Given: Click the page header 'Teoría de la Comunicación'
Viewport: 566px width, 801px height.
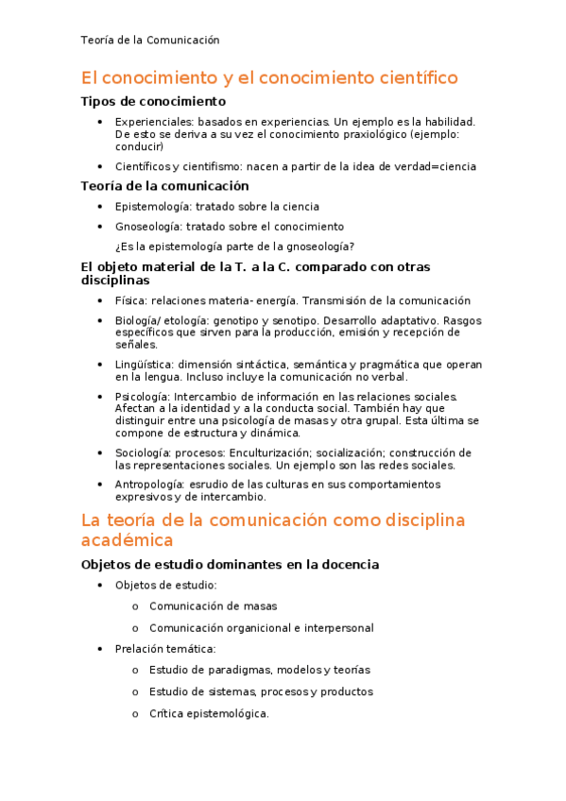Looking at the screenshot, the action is tap(150, 40).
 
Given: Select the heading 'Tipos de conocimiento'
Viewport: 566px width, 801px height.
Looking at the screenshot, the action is tap(153, 101).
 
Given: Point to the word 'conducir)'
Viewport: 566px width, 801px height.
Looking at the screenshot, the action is tap(139, 146).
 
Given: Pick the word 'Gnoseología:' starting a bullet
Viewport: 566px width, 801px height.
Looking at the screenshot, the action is tap(148, 227).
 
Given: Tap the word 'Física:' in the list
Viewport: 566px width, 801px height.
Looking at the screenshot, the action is tap(130, 300).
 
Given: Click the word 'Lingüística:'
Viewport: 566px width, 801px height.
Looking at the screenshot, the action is tap(145, 364).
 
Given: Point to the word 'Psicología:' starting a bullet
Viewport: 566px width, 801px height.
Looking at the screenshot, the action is tap(144, 396).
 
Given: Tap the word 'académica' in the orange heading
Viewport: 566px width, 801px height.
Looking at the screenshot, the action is tap(128, 540).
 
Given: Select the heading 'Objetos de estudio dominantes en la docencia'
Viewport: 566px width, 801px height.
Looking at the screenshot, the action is tap(230, 565).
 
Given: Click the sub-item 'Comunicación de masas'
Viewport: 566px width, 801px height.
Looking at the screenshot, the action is tap(214, 606).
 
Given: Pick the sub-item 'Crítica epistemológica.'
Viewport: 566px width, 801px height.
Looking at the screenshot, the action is tap(209, 713).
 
